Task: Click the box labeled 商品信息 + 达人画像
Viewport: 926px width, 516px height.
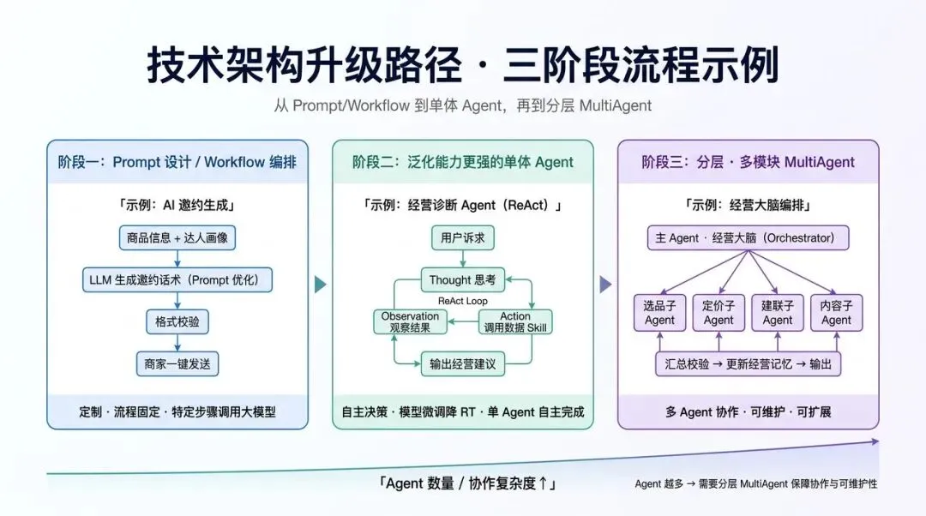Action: pos(177,238)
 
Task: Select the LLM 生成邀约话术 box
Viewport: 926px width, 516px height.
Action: pos(177,279)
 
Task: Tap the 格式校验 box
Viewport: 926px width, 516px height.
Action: pos(177,321)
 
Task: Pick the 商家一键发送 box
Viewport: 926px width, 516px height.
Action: pos(177,363)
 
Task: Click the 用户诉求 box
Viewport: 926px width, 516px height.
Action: pos(462,238)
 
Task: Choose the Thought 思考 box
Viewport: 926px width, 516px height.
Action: pos(462,279)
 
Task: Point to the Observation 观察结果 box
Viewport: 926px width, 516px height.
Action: pos(410,321)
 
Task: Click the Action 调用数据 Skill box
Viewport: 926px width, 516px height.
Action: pos(515,321)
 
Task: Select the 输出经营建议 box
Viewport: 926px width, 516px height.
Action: pos(462,363)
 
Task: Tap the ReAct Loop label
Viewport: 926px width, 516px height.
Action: pos(462,301)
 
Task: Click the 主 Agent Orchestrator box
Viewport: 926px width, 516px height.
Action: pos(748,238)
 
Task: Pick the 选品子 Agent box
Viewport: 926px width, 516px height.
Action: pos(659,313)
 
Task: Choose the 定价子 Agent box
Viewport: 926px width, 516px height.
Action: pos(719,313)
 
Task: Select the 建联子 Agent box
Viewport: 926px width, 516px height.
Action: pos(777,313)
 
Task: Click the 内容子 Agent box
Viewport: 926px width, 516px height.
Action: pos(836,313)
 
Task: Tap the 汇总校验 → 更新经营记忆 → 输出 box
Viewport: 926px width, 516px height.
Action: pos(748,363)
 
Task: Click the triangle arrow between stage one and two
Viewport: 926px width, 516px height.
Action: pos(320,285)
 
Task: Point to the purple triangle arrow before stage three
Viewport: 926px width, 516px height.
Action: pos(605,285)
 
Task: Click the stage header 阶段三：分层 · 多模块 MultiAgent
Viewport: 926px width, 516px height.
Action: pos(748,162)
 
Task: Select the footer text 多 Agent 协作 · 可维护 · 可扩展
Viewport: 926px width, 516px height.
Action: pos(748,412)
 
